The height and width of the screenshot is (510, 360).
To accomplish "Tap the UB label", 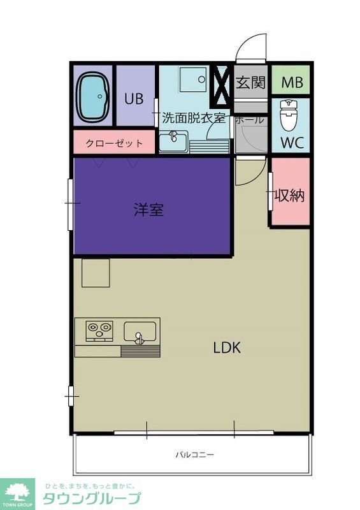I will tap(134, 99).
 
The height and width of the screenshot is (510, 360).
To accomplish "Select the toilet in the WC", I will tap(289, 115).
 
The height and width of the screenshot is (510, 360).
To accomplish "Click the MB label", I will tap(292, 83).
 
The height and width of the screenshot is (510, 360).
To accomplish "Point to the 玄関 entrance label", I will tap(250, 83).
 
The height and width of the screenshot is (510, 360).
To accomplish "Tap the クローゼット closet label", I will tap(115, 143).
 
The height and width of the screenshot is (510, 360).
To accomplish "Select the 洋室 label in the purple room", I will tap(149, 209).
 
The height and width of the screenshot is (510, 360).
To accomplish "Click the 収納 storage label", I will tap(289, 195).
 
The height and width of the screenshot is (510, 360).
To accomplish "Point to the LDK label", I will tap(226, 348).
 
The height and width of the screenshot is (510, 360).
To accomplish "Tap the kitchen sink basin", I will tap(140, 331).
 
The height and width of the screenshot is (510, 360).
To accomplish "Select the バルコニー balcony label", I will tap(194, 455).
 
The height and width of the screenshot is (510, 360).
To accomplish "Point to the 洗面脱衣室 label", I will tap(193, 118).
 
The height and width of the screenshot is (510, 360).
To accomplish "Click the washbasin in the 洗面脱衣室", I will tap(173, 140).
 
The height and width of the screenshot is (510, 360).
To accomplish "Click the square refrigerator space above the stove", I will tap(96, 272).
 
